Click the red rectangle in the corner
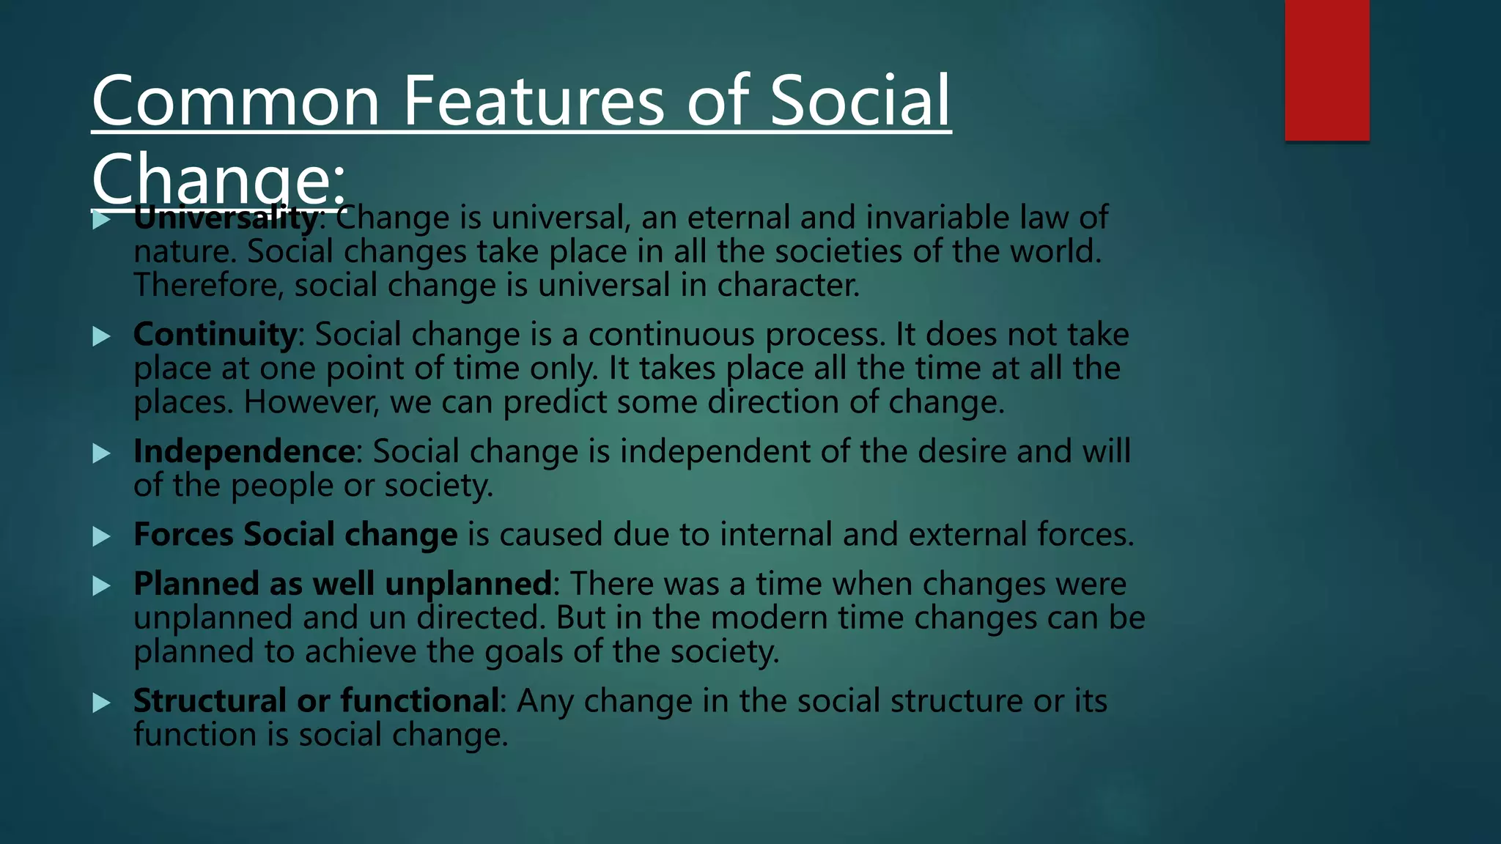point(1327,70)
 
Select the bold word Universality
point(226,218)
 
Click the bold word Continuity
point(215,335)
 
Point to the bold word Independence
point(244,451)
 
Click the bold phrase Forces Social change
point(295,534)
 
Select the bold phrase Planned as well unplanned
point(342,584)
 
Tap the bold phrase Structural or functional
point(316,701)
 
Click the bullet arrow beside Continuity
point(102,336)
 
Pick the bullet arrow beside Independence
point(102,454)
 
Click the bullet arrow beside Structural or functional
point(102,703)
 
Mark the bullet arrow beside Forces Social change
point(102,536)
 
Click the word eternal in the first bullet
point(738,218)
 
